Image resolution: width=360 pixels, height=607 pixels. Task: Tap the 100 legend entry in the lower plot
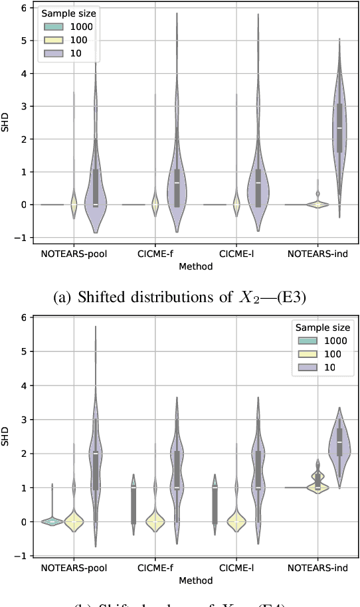(326, 353)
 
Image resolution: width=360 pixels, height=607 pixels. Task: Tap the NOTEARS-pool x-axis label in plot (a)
(74, 254)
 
